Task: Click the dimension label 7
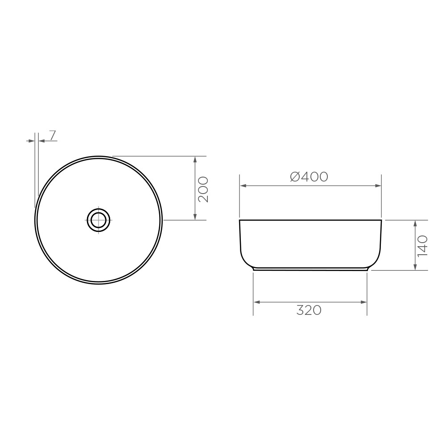pyautogui.click(x=53, y=136)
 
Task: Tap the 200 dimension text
pyautogui.click(x=203, y=190)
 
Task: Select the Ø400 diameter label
pyautogui.click(x=309, y=177)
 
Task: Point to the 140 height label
pyautogui.click(x=422, y=246)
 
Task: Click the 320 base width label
pyautogui.click(x=309, y=310)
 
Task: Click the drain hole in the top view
pyautogui.click(x=99, y=220)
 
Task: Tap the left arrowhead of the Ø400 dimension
pyautogui.click(x=243, y=186)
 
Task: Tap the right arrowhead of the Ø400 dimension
pyautogui.click(x=378, y=186)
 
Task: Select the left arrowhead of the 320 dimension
pyautogui.click(x=256, y=302)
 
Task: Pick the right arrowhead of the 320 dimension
pyautogui.click(x=364, y=302)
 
